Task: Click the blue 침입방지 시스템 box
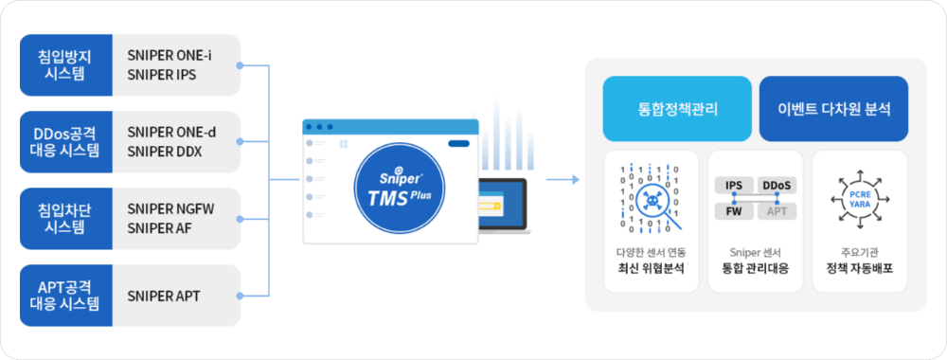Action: coord(64,65)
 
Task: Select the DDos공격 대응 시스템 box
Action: coord(64,142)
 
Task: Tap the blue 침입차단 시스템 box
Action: coord(64,219)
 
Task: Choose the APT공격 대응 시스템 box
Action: coord(64,296)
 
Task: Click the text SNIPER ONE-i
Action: coord(170,55)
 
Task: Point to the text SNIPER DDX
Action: coord(162,152)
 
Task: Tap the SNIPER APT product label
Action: coord(163,296)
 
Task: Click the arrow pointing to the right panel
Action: coord(563,178)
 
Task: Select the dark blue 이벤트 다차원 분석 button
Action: coord(833,109)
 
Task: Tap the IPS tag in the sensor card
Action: coord(733,185)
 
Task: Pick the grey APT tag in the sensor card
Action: coord(777,211)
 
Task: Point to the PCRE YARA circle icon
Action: coord(859,199)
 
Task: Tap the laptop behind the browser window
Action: coord(502,204)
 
